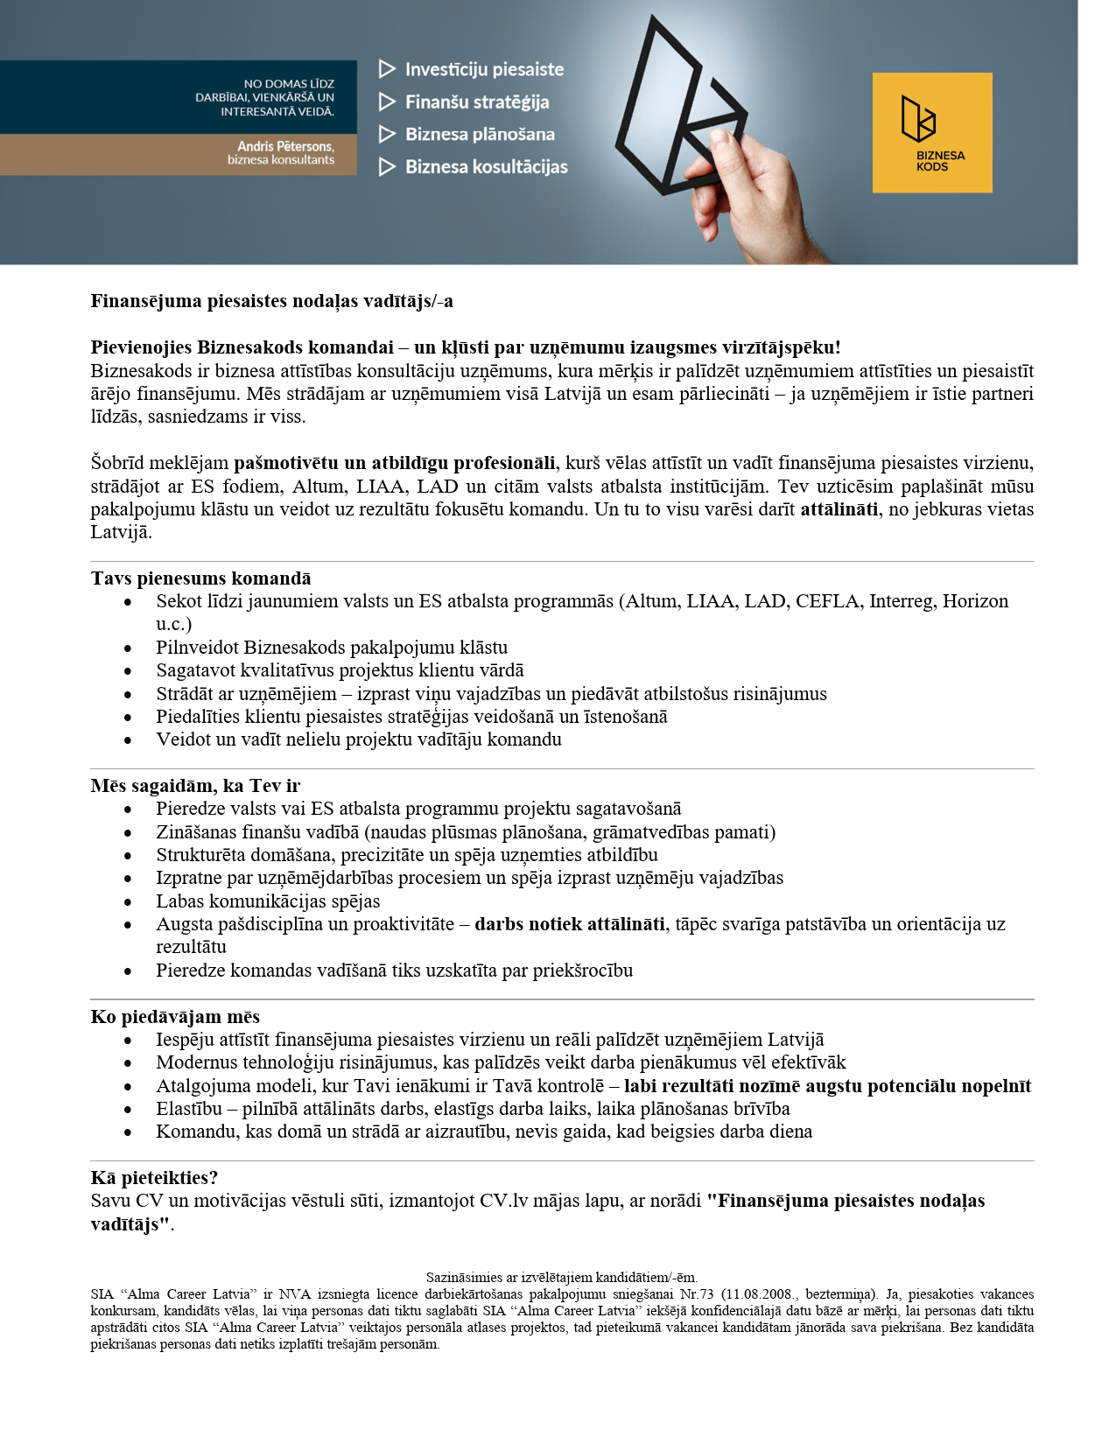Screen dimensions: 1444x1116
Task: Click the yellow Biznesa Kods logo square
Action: [x=931, y=132]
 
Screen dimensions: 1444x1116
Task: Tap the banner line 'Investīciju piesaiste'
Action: [x=484, y=69]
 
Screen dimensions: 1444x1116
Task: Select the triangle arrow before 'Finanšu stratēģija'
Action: [x=387, y=102]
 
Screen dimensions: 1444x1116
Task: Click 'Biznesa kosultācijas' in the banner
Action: [x=486, y=166]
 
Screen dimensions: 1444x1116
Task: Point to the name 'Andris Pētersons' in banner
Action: [x=285, y=146]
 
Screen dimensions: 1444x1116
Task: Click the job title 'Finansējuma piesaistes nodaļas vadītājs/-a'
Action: [x=271, y=301]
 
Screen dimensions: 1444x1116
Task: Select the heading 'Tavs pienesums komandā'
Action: [x=200, y=578]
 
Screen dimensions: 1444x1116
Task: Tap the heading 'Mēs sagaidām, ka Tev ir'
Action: [x=195, y=786]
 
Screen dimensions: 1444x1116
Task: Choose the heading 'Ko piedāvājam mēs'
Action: [x=175, y=1017]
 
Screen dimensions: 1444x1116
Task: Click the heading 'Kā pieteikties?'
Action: [x=154, y=1178]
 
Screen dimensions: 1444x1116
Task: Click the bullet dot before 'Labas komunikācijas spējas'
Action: [x=128, y=901]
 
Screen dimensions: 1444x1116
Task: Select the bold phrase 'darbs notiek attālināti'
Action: [x=569, y=924]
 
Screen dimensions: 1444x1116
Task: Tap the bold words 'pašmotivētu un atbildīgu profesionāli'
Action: [x=394, y=463]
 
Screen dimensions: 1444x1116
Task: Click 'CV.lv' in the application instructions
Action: [x=504, y=1201]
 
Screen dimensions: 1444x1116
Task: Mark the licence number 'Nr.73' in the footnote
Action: [x=697, y=1294]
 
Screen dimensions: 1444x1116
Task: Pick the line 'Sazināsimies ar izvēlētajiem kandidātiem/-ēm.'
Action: [x=561, y=1278]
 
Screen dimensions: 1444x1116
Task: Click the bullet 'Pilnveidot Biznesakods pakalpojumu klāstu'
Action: [x=332, y=648]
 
